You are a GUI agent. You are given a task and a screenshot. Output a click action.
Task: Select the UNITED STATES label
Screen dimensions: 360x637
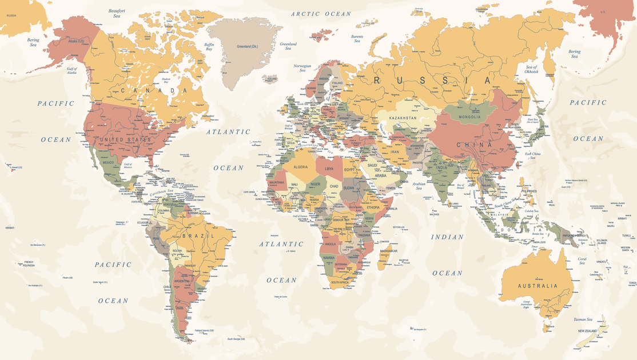(x=125, y=139)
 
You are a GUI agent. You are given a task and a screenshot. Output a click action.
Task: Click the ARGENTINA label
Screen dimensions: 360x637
(x=182, y=282)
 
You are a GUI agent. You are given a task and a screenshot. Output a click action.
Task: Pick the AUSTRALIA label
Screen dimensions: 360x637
(x=537, y=286)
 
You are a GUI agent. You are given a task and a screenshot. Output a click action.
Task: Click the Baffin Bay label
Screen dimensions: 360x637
(x=209, y=47)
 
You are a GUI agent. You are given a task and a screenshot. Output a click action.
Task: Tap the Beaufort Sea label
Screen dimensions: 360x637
(x=117, y=13)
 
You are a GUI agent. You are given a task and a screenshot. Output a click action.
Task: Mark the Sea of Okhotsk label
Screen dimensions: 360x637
(x=531, y=70)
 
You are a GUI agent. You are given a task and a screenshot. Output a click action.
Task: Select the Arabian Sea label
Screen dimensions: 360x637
(x=419, y=186)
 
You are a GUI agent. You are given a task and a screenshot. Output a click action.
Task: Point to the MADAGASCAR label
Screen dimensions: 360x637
(x=388, y=251)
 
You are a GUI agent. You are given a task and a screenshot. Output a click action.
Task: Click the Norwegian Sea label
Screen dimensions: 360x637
(x=302, y=67)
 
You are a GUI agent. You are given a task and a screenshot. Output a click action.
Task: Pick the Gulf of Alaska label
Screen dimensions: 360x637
(x=71, y=71)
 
